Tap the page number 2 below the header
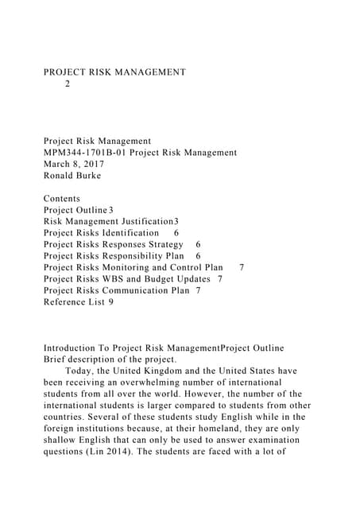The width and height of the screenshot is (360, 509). pyautogui.click(x=68, y=83)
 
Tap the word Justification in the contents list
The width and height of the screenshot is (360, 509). pyautogui.click(x=142, y=221)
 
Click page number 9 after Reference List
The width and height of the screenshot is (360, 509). pyautogui.click(x=110, y=302)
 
